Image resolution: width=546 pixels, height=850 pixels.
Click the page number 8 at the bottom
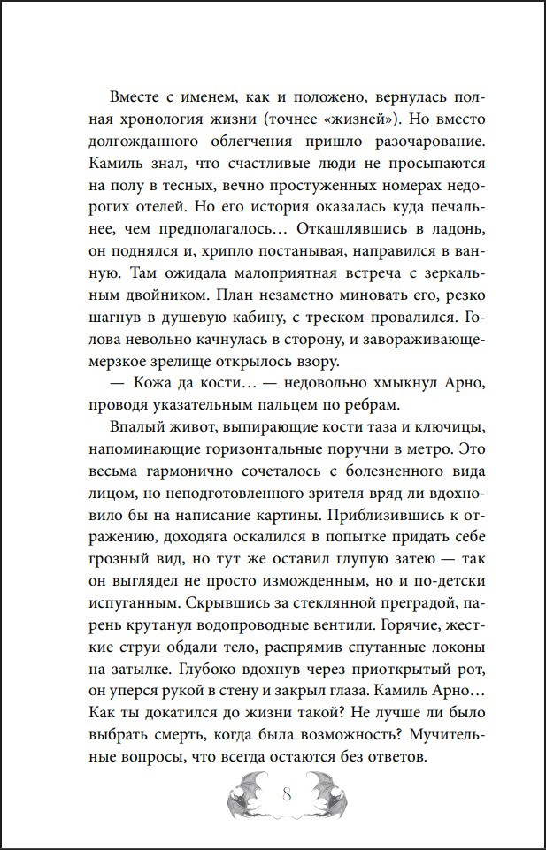tap(286, 793)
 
